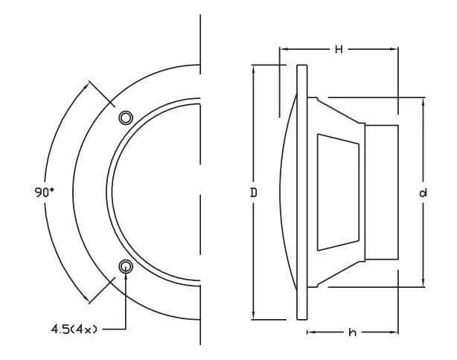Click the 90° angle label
pos(44,192)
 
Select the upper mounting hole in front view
pos(126,118)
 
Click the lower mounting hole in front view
pos(126,266)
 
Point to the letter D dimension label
pos(254,193)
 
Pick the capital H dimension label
pos(338,49)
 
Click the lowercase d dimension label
pos(423,193)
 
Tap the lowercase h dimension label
pos(352,332)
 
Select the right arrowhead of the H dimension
pos(394,49)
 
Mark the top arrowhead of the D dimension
pos(254,68)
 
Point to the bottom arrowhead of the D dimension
pos(254,317)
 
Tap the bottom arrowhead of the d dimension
pos(423,283)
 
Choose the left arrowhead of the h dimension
pos(309,332)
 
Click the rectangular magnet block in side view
pos(381,192)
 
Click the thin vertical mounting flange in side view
pos(301,192)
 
